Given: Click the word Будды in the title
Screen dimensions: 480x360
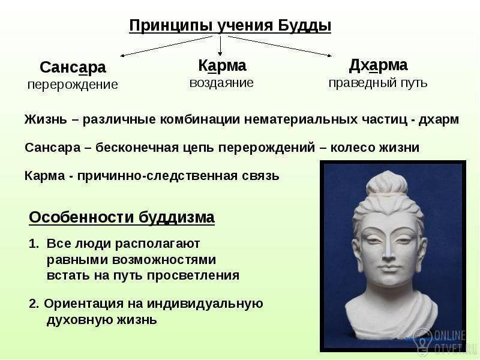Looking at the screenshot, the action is click(x=304, y=25).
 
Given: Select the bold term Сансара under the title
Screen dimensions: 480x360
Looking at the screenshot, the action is click(x=73, y=67).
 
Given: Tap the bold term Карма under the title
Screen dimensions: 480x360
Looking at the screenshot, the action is click(x=222, y=65).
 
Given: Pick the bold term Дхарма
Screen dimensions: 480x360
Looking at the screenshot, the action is click(x=378, y=65).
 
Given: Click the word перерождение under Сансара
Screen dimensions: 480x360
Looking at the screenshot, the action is click(x=73, y=85).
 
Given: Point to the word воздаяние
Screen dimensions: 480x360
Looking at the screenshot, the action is click(x=221, y=83).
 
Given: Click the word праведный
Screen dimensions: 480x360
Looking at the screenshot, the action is click(x=359, y=83).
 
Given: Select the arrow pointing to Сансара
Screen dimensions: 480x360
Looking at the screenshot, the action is click(x=166, y=46).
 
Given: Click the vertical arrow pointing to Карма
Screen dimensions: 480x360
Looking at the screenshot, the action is click(x=220, y=46).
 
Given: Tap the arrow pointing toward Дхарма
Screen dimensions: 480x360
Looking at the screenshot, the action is click(x=280, y=46).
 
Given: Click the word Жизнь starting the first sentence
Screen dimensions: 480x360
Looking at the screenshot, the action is click(x=46, y=119).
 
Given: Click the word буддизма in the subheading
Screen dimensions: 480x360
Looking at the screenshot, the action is click(x=176, y=218).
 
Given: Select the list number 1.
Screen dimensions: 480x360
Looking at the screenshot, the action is click(x=34, y=244).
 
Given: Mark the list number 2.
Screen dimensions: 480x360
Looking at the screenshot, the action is click(x=34, y=304).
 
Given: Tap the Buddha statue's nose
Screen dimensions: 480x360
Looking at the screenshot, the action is click(x=388, y=250).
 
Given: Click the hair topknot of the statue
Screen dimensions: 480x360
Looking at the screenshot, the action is click(x=387, y=182).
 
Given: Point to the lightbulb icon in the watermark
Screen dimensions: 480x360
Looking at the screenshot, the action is click(x=423, y=339).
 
